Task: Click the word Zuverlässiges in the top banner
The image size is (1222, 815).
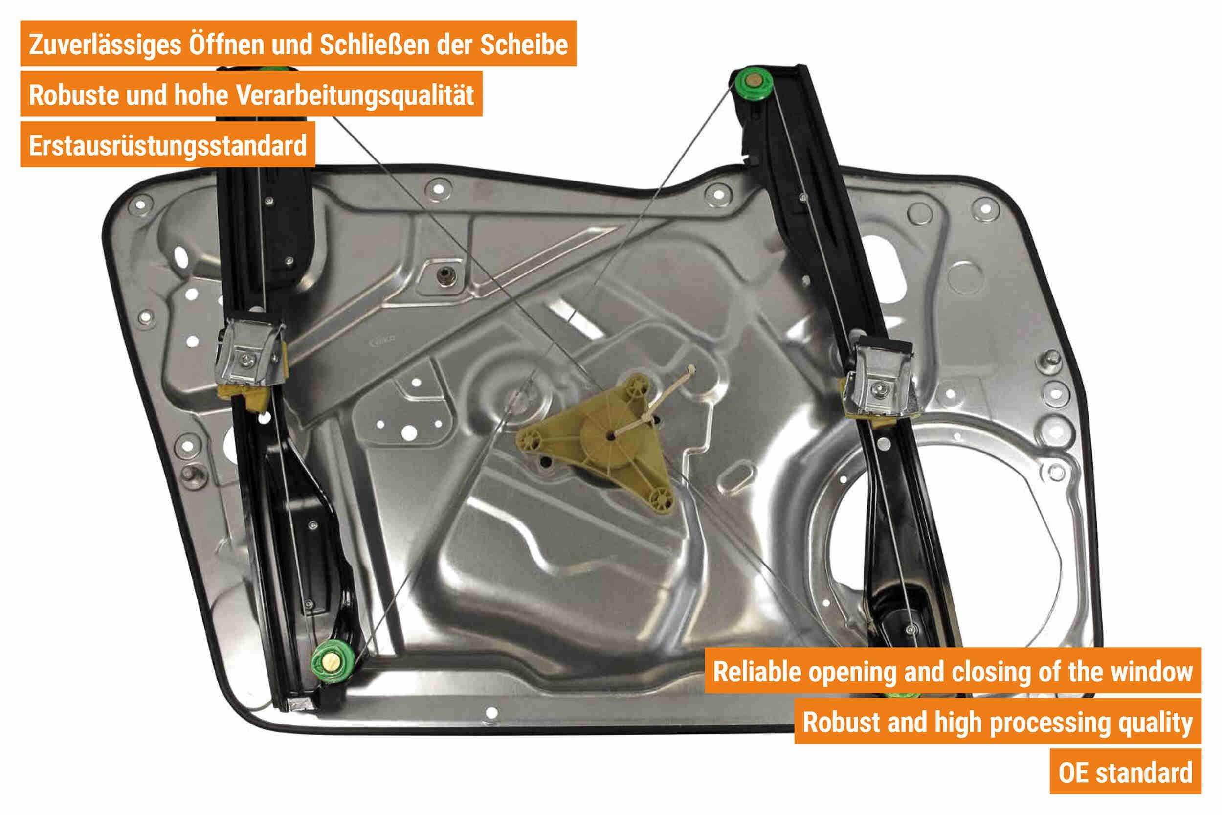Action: pos(105,45)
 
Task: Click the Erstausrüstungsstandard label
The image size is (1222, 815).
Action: pos(168,146)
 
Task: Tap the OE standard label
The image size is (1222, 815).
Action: pos(1125,772)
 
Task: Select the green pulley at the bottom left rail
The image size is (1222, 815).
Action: pos(333,662)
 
